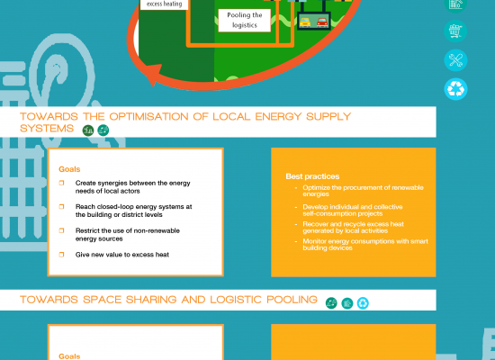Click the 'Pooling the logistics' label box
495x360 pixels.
[x=244, y=20]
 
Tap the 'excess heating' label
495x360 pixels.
[x=164, y=4]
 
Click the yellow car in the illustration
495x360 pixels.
[x=305, y=22]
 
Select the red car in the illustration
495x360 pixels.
[x=322, y=22]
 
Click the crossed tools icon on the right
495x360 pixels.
[x=455, y=60]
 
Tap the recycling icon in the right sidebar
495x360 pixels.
[x=455, y=89]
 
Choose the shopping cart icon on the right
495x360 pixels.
[x=455, y=31]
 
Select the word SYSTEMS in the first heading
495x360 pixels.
[x=47, y=129]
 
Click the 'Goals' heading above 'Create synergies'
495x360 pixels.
[x=69, y=169]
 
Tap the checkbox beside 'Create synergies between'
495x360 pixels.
[x=61, y=183]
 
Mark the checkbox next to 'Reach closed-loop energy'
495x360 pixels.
[x=61, y=206]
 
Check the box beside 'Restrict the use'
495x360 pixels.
[x=61, y=230]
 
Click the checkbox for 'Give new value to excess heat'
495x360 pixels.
[x=61, y=254]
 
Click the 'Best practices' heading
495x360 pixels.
[x=312, y=176]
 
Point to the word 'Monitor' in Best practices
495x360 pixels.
[x=314, y=241]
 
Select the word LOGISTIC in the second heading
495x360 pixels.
[x=236, y=300]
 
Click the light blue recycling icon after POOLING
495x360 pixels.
[x=363, y=303]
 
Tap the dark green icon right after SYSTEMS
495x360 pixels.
[x=88, y=130]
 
